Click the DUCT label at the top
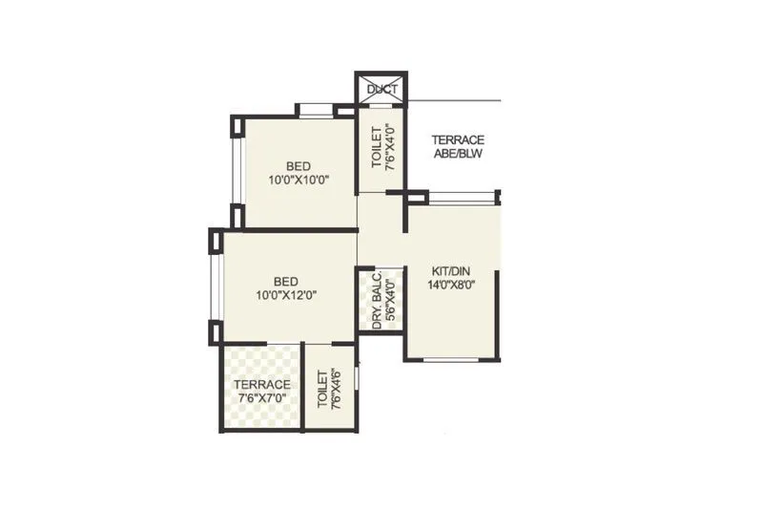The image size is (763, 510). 381,90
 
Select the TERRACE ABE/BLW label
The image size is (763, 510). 458,146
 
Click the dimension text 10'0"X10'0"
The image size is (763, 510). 299,179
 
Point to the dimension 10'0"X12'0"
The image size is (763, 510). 285,295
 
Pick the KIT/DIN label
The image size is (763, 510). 452,270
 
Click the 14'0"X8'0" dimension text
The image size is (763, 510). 452,284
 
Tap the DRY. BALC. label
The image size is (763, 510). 377,301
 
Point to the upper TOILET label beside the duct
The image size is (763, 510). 376,148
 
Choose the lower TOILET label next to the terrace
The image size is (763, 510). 322,390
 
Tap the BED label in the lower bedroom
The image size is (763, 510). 285,282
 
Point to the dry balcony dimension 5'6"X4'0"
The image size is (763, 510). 389,301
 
